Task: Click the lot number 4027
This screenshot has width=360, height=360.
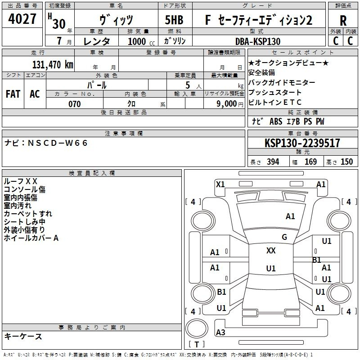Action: coord(22,19)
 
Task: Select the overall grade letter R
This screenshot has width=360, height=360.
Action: coord(343,21)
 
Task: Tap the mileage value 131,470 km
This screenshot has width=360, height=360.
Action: coord(53,65)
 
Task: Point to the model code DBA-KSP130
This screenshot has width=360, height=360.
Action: coord(258,41)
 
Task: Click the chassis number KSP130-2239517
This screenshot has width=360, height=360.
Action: coord(302,143)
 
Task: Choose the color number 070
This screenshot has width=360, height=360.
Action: coord(75,104)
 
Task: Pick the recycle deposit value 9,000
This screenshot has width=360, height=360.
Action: coord(226,104)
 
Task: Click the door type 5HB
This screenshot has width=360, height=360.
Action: coord(174,20)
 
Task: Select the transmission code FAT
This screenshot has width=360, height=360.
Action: coord(13,94)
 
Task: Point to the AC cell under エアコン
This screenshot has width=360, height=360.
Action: coord(35,94)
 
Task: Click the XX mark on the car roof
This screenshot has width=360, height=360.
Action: coord(271,251)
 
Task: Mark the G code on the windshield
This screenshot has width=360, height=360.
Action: coord(284,237)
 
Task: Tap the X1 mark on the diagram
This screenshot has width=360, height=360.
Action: coord(220,184)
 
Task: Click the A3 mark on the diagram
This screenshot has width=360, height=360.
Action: coord(220,332)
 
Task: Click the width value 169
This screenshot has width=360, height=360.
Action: coord(310,162)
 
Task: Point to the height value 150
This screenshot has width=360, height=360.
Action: coord(346,162)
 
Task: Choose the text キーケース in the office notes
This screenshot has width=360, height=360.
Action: coord(23,336)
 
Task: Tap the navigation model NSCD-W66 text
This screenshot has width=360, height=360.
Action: coord(58,143)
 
